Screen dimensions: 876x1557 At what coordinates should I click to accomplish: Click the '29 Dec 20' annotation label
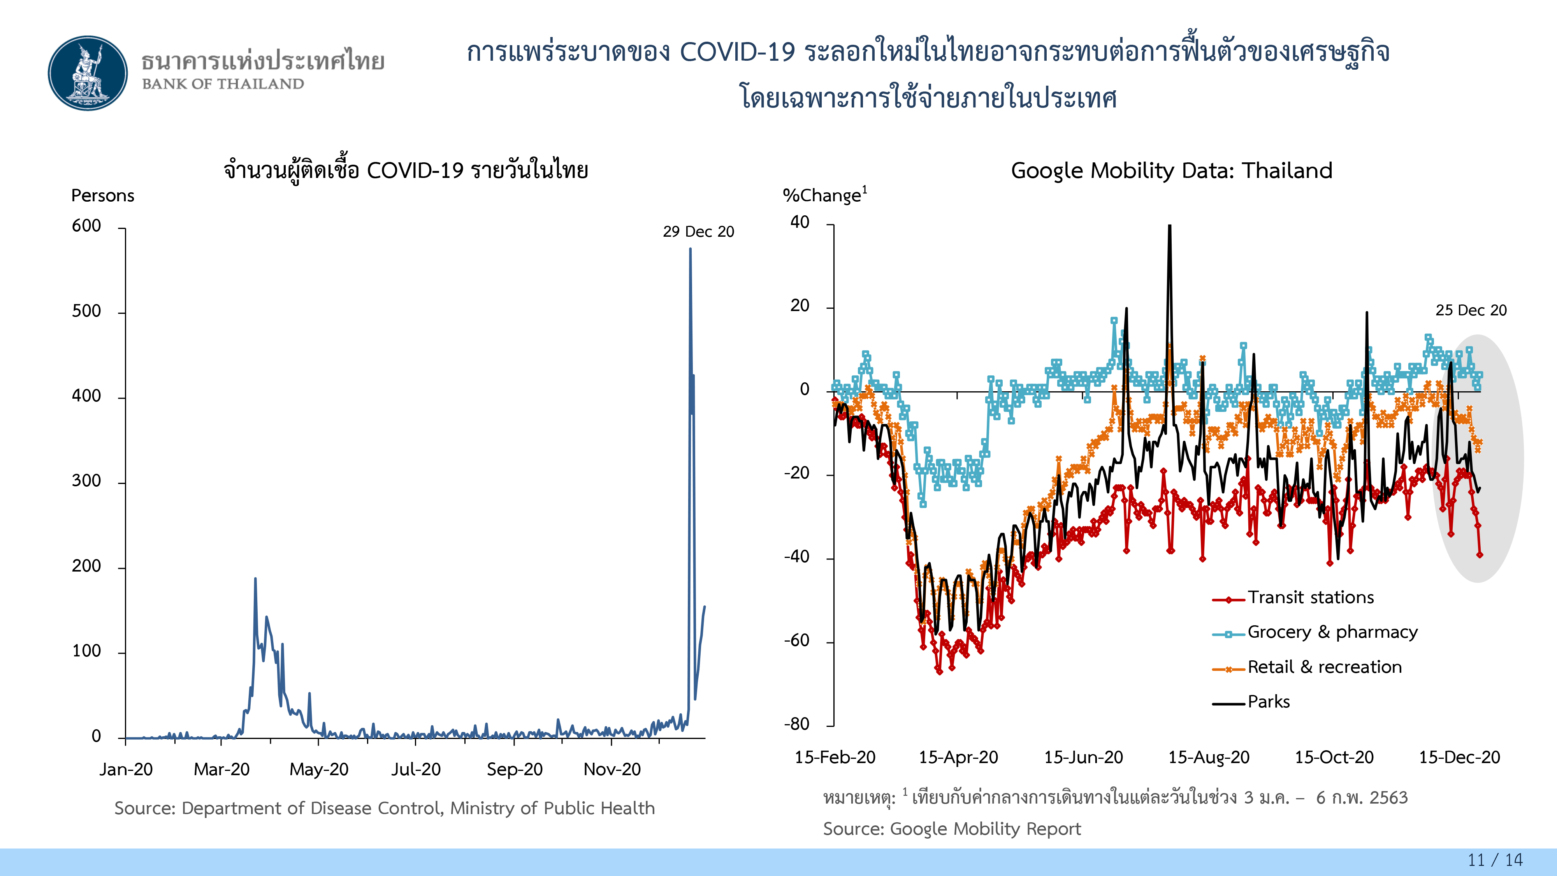(698, 232)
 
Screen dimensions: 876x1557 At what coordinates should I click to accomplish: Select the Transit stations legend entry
(1310, 597)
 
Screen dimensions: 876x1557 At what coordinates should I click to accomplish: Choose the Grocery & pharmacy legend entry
(1332, 632)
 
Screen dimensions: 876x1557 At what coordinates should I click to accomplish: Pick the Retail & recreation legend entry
(1324, 667)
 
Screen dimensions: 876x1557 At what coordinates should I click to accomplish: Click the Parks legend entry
(1268, 702)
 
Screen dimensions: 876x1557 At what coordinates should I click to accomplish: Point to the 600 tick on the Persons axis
(86, 226)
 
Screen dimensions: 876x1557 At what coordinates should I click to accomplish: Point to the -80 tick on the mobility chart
(797, 724)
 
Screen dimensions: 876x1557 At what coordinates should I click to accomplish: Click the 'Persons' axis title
(103, 195)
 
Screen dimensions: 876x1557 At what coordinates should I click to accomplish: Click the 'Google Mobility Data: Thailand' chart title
(1171, 171)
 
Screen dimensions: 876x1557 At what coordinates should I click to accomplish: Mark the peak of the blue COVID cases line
(690, 249)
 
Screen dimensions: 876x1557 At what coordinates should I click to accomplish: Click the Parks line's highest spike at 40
(1170, 227)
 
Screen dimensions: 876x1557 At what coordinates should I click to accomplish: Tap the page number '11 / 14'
(1495, 860)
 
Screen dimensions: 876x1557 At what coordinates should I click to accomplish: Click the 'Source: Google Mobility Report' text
(952, 829)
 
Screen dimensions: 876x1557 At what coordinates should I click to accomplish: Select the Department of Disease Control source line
(385, 808)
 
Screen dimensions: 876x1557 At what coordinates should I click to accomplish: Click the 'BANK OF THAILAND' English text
(223, 84)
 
